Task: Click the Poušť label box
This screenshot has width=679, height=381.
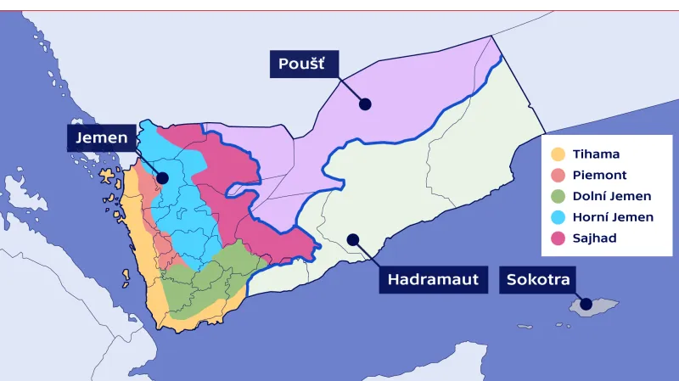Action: click(x=304, y=64)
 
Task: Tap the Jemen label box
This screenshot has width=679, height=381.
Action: click(x=100, y=138)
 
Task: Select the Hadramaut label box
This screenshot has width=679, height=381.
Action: click(x=434, y=279)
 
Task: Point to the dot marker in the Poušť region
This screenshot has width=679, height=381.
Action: click(x=365, y=104)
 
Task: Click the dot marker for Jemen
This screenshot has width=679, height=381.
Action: click(x=162, y=178)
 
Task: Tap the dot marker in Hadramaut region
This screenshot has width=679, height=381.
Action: click(x=352, y=239)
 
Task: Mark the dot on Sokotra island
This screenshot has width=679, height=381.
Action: click(x=585, y=303)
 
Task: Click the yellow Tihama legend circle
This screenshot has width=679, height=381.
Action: click(x=558, y=154)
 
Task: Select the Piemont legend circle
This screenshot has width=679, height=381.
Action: click(x=558, y=176)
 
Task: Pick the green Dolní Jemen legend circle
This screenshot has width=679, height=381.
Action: click(x=558, y=197)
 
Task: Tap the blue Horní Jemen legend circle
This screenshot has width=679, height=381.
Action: click(x=558, y=217)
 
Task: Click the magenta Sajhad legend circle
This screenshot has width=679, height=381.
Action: click(x=558, y=238)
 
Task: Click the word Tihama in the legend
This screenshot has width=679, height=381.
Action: click(x=596, y=154)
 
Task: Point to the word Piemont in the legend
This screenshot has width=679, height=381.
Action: click(x=599, y=176)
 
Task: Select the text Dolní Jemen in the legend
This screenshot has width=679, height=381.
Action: click(x=612, y=197)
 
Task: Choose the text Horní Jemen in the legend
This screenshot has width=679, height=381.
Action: click(x=613, y=217)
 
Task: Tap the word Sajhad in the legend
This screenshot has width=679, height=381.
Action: click(x=594, y=238)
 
